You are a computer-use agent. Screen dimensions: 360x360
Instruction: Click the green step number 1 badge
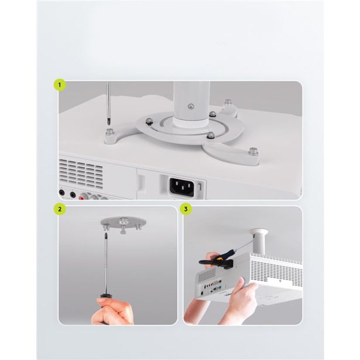60,85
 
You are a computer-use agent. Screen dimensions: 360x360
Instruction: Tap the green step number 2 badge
60,209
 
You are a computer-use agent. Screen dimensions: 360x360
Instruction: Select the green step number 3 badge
186,209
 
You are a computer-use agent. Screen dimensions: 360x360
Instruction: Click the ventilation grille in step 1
81,174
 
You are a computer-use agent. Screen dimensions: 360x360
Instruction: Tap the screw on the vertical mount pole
190,107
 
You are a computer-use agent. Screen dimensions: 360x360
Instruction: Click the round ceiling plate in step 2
124,222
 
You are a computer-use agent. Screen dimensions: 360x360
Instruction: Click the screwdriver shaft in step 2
107,264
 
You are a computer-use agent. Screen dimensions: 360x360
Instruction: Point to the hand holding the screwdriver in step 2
112,310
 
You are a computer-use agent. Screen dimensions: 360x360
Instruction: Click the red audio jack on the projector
82,197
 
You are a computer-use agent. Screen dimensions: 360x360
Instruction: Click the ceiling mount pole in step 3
259,241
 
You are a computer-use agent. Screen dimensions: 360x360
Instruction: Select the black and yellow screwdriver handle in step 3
216,258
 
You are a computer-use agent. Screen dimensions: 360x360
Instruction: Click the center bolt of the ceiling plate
124,222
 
